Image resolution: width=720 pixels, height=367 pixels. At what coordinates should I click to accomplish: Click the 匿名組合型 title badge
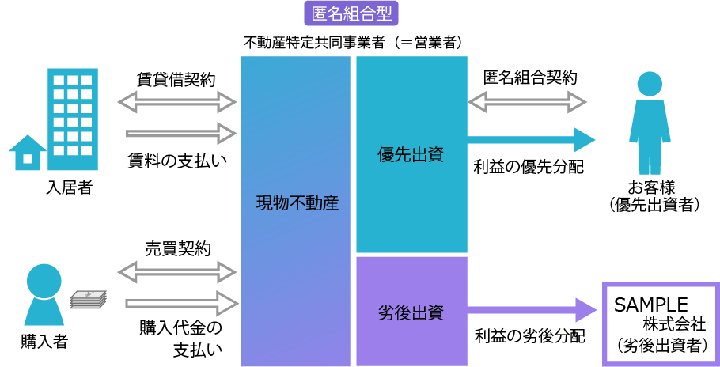coord(351,13)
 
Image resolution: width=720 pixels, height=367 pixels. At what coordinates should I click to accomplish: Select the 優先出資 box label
coord(410,155)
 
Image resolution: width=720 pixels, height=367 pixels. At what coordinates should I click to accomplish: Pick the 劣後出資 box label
coord(410,312)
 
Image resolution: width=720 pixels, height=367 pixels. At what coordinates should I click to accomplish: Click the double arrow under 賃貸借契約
coord(177,102)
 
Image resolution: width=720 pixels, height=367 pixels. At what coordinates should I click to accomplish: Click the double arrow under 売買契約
coord(177,272)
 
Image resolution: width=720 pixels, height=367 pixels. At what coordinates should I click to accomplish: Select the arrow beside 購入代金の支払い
coord(181,303)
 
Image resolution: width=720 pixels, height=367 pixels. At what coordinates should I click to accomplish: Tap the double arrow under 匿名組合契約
coord(527,102)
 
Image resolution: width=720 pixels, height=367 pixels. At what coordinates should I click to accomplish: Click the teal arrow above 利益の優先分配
coord(531,139)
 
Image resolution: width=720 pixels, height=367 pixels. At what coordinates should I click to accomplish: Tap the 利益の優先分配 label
coord(528,167)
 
